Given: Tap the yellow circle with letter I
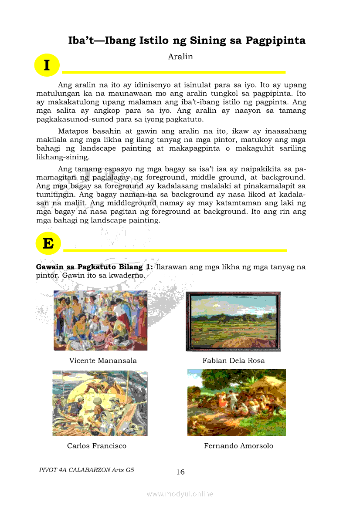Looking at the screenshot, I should click(47, 65).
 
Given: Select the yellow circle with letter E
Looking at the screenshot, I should click(48, 243).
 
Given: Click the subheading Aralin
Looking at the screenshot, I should click(180, 57).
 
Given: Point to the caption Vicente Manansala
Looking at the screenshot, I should click(103, 361).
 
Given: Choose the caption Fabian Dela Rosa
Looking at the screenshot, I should click(233, 361).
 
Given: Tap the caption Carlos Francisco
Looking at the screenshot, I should click(97, 446).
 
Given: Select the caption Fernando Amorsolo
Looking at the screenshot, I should click(238, 446).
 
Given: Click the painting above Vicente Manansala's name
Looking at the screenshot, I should click(100, 320).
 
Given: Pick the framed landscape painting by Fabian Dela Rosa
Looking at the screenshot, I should click(233, 321).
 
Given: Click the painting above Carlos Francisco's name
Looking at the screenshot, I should click(100, 403).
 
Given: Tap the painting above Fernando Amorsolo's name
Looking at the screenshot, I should click(237, 402).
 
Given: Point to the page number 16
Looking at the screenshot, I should click(180, 472).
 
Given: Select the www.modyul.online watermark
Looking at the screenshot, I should click(180, 494).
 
